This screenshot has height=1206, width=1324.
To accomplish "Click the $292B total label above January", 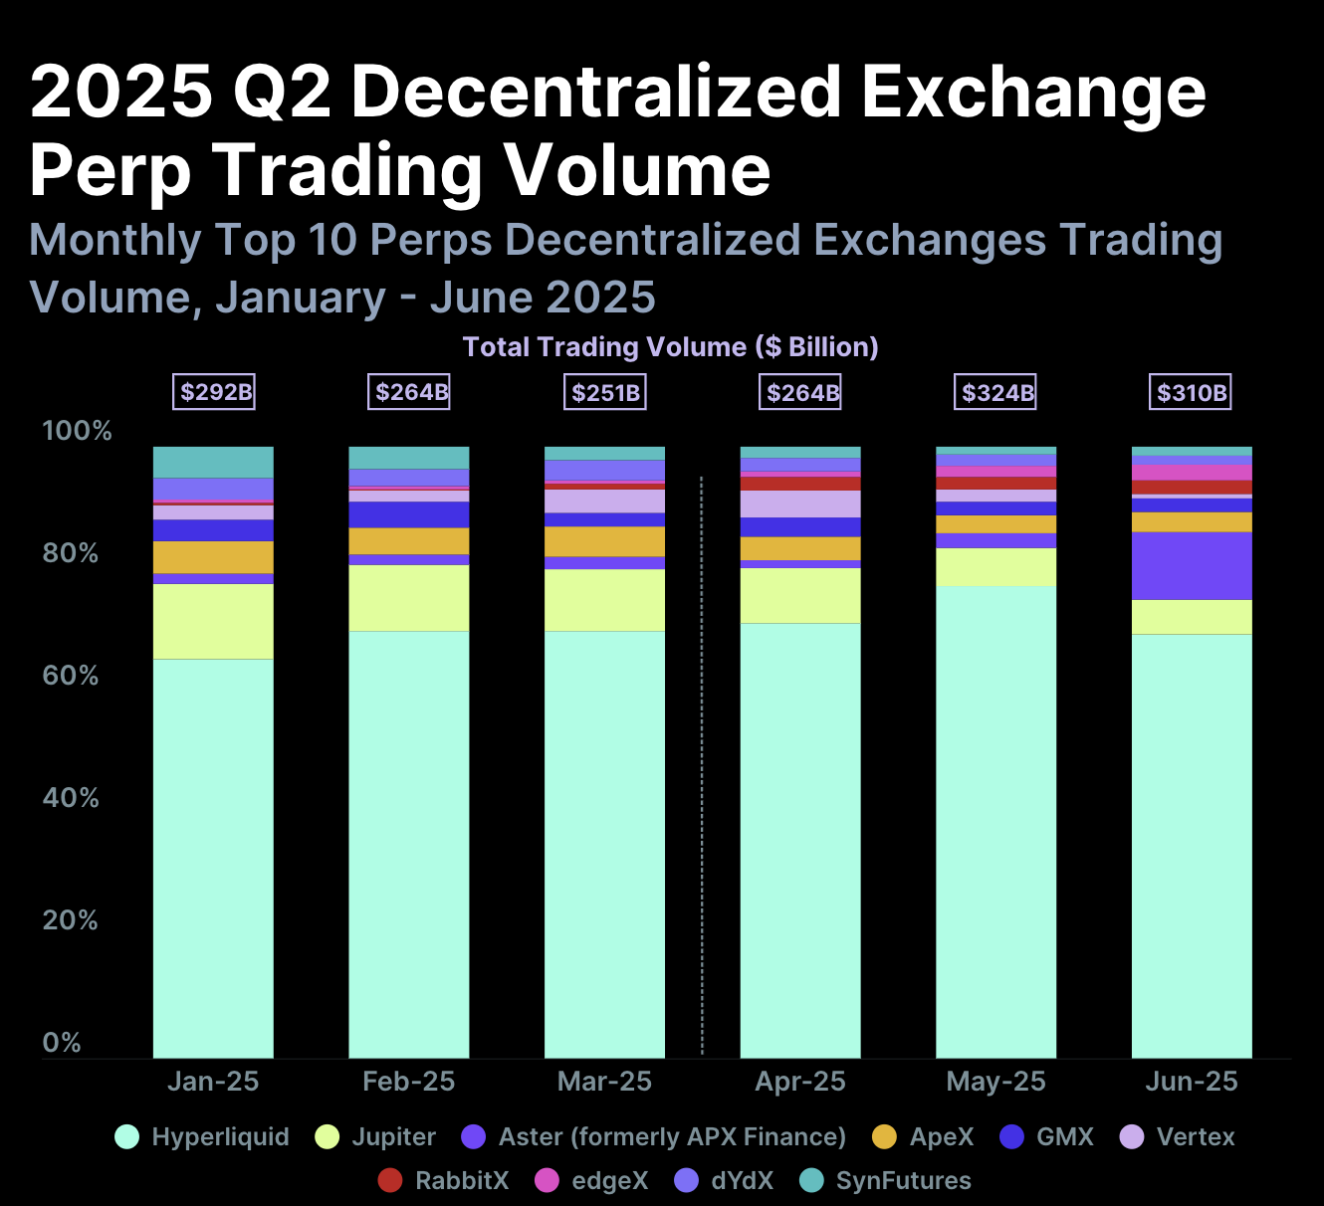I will pos(215,392).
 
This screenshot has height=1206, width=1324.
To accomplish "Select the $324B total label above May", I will pos(996,392).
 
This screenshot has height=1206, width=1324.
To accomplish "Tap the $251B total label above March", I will pos(605,392).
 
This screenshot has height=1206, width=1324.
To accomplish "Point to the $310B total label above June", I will pos(1192,392).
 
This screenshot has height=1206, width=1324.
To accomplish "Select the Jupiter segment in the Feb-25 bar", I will pos(408,598).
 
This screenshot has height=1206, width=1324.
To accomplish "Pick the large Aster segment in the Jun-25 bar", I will pos(1192,566).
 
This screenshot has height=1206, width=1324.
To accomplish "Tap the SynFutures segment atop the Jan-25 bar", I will pos(213,463).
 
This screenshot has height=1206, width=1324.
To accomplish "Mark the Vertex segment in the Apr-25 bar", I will pos(800,503).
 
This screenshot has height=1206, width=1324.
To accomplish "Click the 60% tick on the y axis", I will pos(71,677).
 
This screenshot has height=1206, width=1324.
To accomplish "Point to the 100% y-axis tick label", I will pos(77,432).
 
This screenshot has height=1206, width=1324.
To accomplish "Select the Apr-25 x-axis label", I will pos(800,1082).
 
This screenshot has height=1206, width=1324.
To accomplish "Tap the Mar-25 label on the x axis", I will pos(604,1082).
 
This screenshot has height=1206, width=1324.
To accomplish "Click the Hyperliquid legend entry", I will pos(202,1137).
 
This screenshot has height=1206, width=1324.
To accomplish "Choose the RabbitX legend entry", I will pos(444,1181).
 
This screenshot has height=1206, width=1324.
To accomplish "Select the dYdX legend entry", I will pos(724,1181).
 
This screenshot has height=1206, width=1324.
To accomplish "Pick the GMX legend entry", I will pos(1046,1137).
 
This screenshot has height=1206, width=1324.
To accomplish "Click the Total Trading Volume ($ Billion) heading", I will pos(670,347).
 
